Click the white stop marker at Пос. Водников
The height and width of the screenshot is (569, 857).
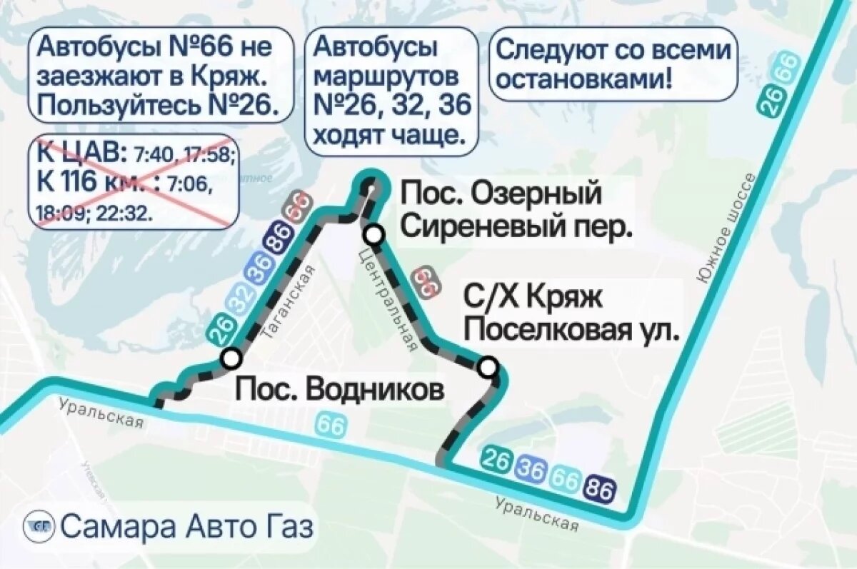click(230, 358)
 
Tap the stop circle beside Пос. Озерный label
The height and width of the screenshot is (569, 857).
click(373, 234)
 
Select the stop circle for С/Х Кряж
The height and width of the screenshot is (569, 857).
click(488, 368)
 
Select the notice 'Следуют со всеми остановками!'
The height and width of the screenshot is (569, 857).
click(613, 64)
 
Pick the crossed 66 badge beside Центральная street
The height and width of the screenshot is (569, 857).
click(426, 281)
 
